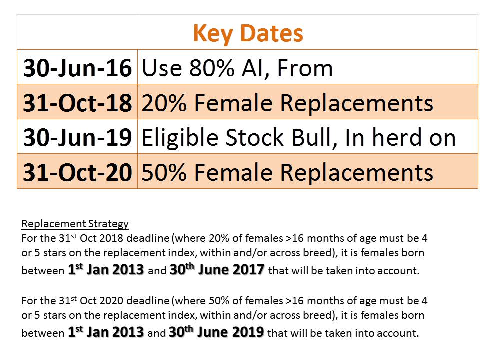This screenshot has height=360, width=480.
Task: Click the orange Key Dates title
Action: [x=248, y=33]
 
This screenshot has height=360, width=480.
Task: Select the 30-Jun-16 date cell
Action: [x=78, y=67]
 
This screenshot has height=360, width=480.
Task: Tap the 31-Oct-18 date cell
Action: [x=78, y=102]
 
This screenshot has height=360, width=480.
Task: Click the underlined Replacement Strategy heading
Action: [x=75, y=224]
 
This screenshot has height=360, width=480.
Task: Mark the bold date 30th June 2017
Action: [x=217, y=269]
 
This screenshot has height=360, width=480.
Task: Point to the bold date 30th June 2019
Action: [x=216, y=332]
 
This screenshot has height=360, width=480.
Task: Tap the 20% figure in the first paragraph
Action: [x=219, y=238]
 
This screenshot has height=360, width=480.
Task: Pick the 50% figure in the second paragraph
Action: [x=219, y=300]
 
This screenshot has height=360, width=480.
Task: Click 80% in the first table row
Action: [x=212, y=68]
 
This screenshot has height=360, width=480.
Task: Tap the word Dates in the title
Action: [x=272, y=33]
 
